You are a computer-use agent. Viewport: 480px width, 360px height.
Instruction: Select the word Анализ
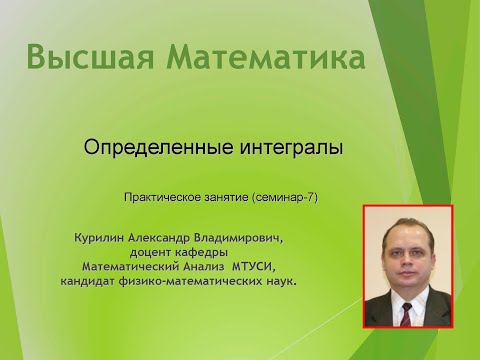[204, 268]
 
